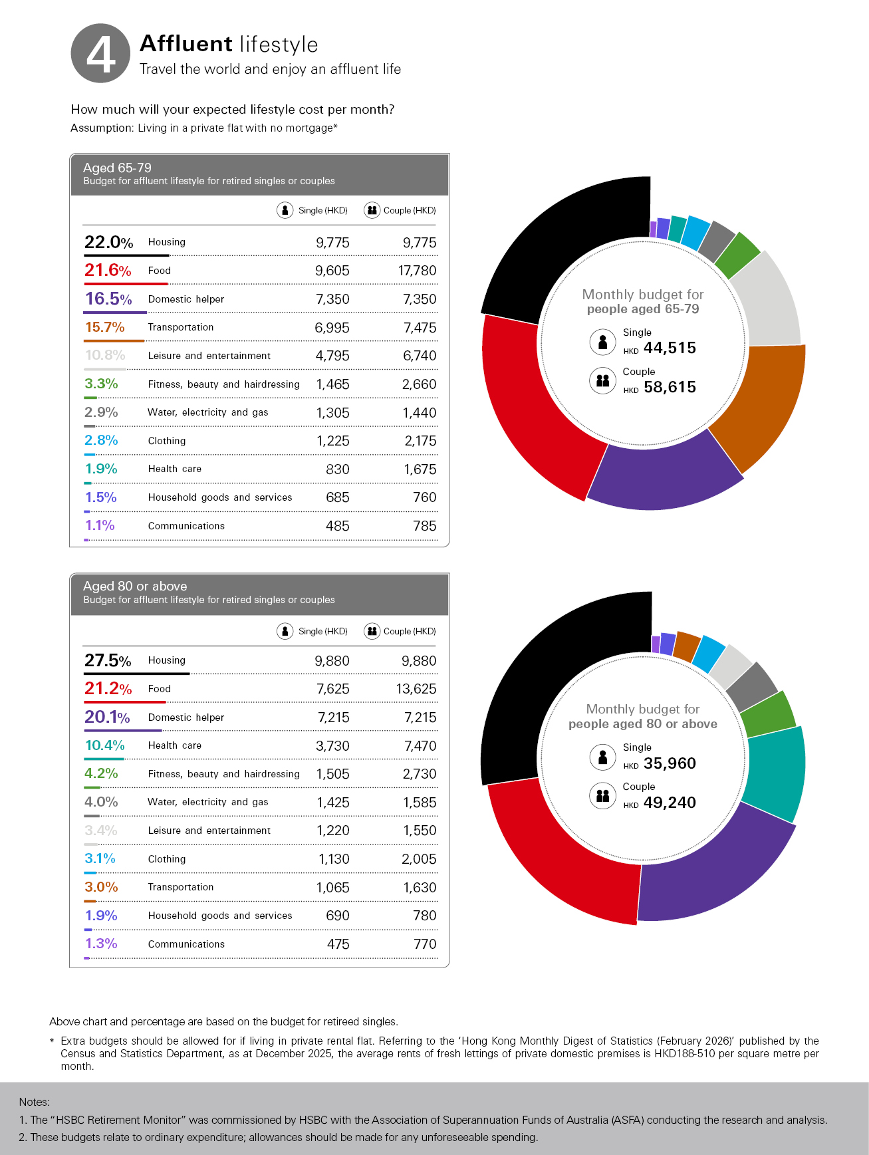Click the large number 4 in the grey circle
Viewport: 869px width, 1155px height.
click(101, 55)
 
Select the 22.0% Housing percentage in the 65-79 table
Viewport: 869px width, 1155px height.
click(108, 242)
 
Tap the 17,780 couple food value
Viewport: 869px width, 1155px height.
click(417, 271)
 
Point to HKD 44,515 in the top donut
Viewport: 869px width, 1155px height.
click(669, 348)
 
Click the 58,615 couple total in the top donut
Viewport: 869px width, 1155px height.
click(669, 387)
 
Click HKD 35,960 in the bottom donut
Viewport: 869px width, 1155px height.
click(669, 763)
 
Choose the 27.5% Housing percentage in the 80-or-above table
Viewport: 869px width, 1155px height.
click(108, 660)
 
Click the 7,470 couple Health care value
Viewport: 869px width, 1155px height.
click(420, 746)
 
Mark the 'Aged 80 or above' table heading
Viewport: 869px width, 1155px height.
click(135, 586)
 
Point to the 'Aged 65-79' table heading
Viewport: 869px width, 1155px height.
click(117, 168)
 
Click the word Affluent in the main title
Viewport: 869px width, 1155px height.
click(186, 44)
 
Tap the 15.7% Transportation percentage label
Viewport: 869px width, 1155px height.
click(105, 327)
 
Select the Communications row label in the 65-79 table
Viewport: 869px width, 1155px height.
click(186, 526)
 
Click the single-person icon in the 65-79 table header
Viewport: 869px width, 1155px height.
click(285, 210)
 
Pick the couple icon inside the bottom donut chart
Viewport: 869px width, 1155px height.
click(602, 795)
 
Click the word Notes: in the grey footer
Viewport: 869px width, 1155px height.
click(35, 1102)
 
